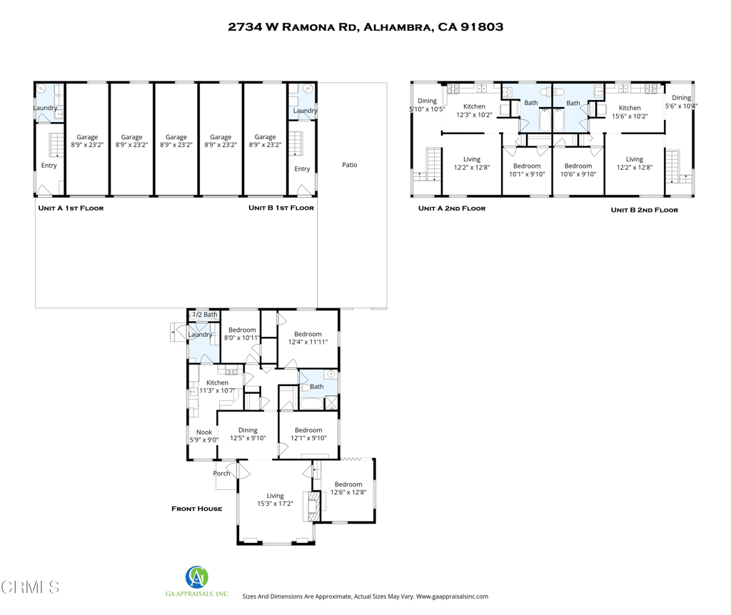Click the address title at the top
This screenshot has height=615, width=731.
click(365, 27)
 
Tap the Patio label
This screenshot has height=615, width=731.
click(349, 165)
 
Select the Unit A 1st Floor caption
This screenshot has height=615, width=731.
click(71, 208)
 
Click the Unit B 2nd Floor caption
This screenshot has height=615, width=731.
click(644, 210)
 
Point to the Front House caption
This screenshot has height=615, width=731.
click(196, 509)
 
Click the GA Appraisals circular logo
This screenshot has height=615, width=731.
click(197, 576)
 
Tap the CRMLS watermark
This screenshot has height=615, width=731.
click(30, 587)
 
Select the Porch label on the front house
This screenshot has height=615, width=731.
click(221, 473)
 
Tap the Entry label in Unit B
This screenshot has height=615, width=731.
click(302, 169)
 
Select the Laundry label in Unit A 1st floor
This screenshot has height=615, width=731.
click(45, 108)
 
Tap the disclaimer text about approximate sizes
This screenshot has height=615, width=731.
click(365, 596)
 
